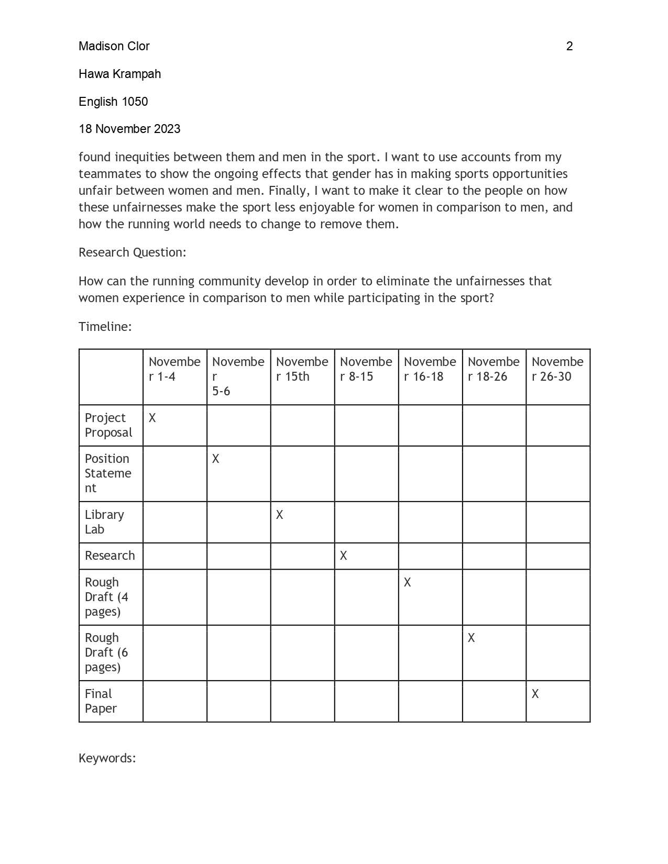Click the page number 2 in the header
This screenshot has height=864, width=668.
click(569, 46)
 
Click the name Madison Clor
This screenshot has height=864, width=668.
click(114, 46)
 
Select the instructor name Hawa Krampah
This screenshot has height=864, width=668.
click(119, 74)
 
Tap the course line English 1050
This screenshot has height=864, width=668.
click(113, 102)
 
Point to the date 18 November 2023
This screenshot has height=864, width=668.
click(129, 129)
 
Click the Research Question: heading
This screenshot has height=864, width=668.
click(132, 252)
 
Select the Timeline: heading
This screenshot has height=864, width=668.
click(105, 327)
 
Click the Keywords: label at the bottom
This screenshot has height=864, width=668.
click(107, 758)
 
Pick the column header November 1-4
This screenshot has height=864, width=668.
click(174, 369)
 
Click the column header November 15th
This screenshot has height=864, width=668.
click(302, 369)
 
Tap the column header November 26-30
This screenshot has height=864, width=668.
click(557, 369)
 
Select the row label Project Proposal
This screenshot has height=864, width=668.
click(108, 425)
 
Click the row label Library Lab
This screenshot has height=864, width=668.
click(104, 522)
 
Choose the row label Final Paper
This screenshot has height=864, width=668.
click(101, 701)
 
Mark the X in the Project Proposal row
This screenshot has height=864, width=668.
click(152, 418)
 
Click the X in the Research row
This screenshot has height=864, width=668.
click(343, 556)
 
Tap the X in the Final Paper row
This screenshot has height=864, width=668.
click(535, 694)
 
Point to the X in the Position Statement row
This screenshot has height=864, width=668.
click(215, 459)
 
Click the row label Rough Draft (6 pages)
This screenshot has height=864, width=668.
click(106, 652)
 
